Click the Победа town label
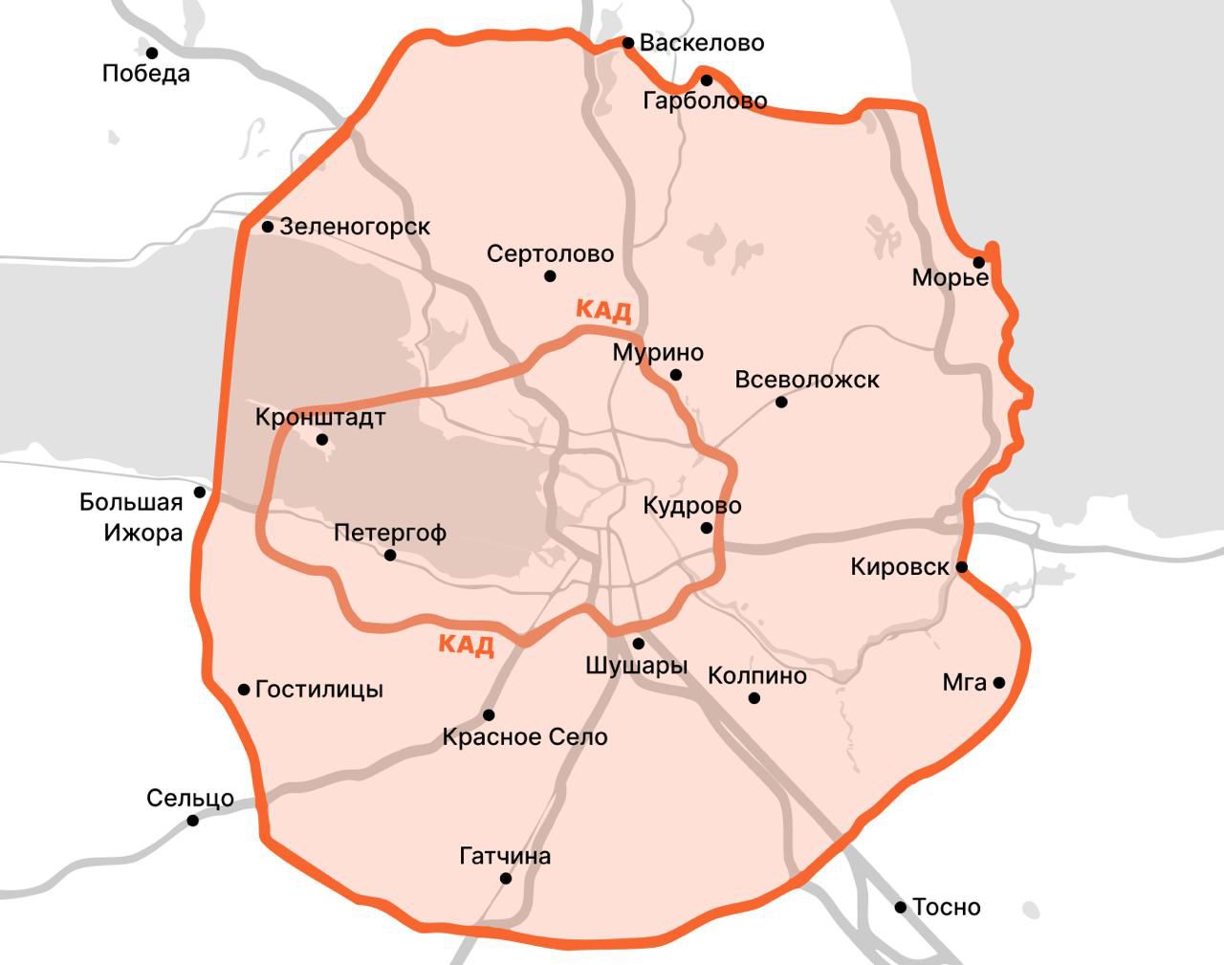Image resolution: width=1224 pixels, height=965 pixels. point(146,74)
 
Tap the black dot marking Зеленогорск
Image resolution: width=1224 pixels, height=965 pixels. point(268,227)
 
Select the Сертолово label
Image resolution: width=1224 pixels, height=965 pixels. point(550,254)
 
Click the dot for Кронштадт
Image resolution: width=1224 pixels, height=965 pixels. point(322,440)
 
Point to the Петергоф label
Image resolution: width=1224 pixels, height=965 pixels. point(390,533)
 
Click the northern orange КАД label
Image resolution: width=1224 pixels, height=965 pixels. point(603,310)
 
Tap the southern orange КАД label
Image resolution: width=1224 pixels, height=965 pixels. point(467,644)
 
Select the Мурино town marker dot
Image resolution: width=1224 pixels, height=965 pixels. point(676,375)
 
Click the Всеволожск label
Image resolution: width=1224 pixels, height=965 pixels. point(807,380)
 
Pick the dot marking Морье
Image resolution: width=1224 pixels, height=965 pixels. point(979,262)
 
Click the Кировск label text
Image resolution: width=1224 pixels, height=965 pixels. point(900,567)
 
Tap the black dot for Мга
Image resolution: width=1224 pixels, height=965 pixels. point(999,683)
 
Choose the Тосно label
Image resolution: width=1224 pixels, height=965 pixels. point(947,907)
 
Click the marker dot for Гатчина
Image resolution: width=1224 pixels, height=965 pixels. point(506,879)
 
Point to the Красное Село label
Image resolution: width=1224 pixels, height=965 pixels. point(525,737)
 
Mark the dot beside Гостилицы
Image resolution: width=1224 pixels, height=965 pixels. point(245,690)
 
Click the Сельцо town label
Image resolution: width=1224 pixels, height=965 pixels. point(190,798)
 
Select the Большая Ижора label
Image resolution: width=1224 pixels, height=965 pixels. point(132,517)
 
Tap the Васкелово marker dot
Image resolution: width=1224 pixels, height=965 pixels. point(628,43)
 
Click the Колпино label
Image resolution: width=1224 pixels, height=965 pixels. point(757,676)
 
